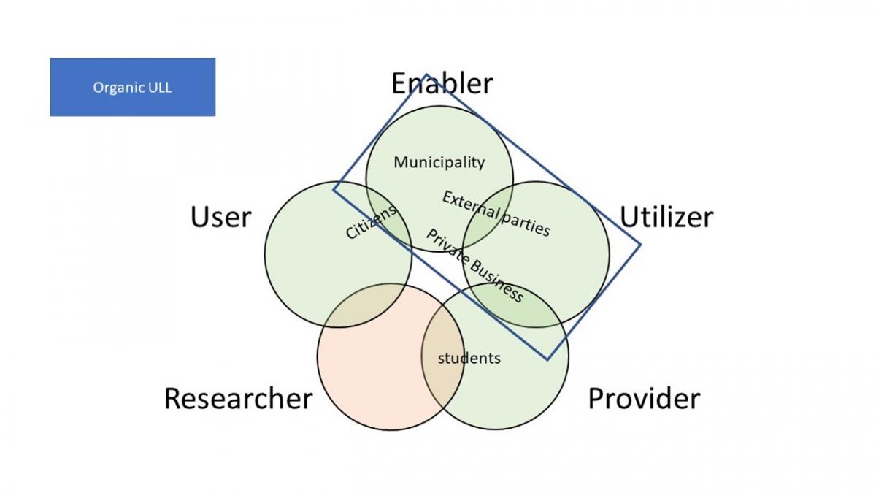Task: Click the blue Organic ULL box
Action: [x=133, y=87]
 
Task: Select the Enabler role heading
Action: [x=442, y=83]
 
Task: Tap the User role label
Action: [x=221, y=217]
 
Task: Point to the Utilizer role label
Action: [x=666, y=217]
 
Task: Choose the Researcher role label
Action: [x=239, y=398]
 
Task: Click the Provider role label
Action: [x=644, y=398]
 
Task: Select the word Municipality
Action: [x=439, y=162]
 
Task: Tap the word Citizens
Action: [x=371, y=222]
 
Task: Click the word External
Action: [x=471, y=205]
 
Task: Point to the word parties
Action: [x=526, y=225]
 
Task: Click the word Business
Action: [x=496, y=280]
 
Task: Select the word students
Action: [x=469, y=359]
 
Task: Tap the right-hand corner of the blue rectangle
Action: [x=640, y=245]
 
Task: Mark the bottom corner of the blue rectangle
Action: [x=547, y=359]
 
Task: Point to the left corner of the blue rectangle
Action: [x=334, y=190]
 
